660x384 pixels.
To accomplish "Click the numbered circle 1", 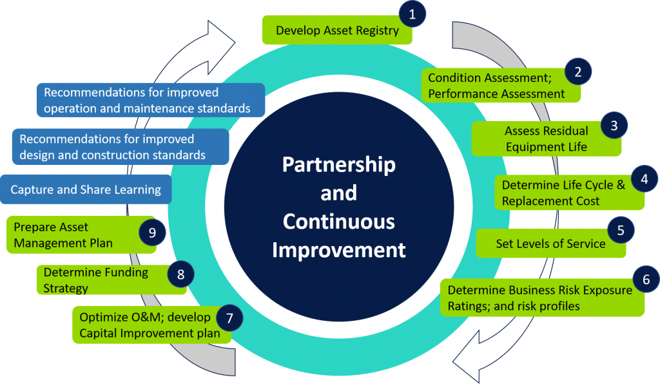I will (x=412, y=14).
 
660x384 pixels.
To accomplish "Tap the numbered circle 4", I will (x=644, y=180).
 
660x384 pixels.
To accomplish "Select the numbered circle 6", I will (x=645, y=279).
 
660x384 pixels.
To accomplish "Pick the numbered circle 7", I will (x=229, y=318).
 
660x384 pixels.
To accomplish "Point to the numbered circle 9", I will (x=152, y=233).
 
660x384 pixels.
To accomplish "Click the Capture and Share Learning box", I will (x=86, y=189).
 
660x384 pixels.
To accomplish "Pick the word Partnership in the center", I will (x=338, y=164).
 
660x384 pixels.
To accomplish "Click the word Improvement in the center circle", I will (x=338, y=249).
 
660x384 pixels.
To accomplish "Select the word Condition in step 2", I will (x=454, y=78).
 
